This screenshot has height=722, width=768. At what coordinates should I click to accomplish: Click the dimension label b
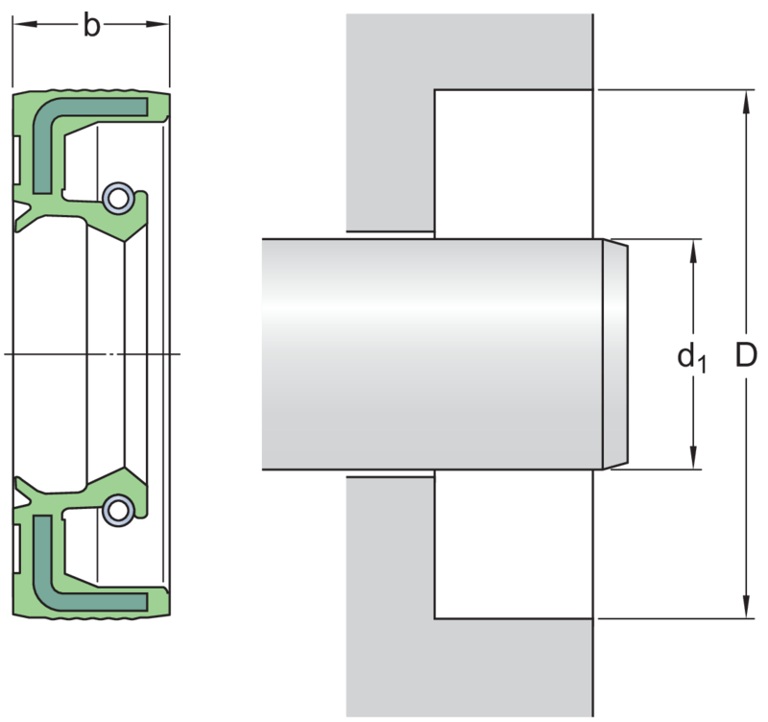(91, 25)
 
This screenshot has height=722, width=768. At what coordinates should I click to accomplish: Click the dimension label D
(746, 354)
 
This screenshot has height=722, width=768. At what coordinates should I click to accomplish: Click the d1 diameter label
(691, 357)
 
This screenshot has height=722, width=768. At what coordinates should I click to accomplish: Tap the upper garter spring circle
(118, 199)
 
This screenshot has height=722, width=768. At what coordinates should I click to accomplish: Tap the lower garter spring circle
(118, 510)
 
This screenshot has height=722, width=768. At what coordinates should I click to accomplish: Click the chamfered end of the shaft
(615, 354)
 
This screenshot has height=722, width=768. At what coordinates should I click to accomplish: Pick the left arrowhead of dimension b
(25, 23)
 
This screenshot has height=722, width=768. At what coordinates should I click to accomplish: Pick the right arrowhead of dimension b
(157, 23)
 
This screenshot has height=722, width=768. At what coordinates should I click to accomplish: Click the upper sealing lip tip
(125, 242)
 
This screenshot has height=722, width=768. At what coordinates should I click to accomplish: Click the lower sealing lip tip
(125, 468)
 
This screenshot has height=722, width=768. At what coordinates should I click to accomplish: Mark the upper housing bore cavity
(514, 164)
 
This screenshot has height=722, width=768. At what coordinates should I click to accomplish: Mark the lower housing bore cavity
(514, 544)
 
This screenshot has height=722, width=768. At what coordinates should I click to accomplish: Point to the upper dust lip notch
(20, 211)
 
